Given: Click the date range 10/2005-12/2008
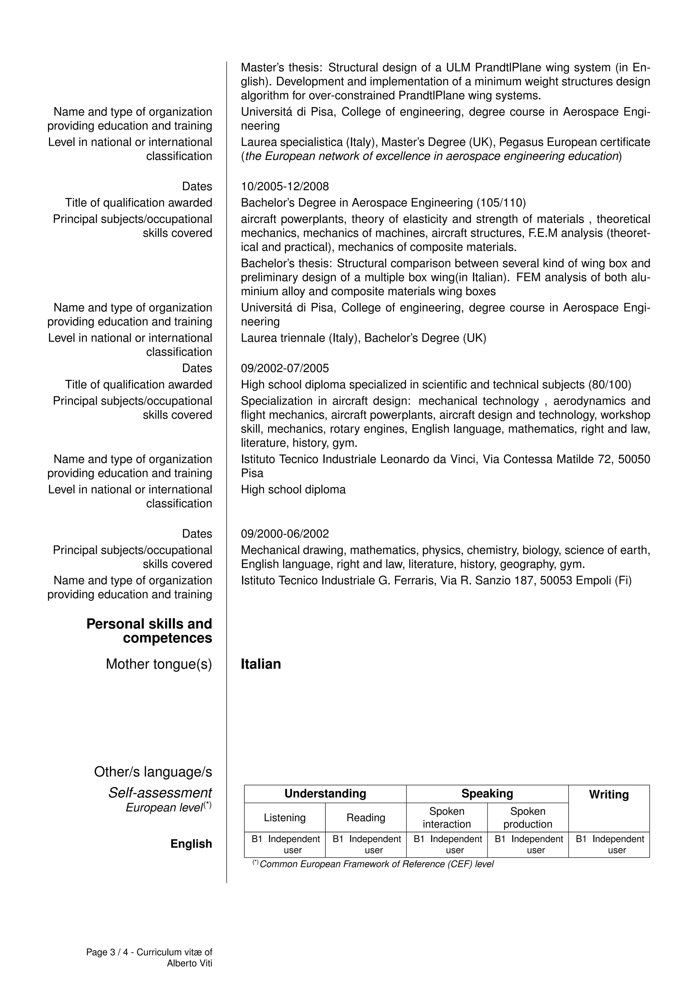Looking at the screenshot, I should (x=285, y=187).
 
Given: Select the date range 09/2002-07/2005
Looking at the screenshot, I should (x=285, y=368).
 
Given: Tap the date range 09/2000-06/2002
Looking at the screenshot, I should (x=285, y=534).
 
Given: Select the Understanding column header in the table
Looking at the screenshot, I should (x=325, y=794).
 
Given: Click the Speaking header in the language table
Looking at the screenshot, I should (x=487, y=794).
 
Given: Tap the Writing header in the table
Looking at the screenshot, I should (x=609, y=795).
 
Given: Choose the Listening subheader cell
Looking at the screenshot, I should (x=285, y=818).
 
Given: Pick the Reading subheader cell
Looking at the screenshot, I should (x=366, y=818).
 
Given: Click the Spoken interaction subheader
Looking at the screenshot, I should (x=447, y=818).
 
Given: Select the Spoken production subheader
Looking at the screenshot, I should (x=528, y=818).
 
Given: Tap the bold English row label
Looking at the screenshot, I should (x=191, y=844).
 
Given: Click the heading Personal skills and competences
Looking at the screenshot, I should (x=149, y=631).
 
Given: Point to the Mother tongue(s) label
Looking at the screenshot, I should (x=159, y=664).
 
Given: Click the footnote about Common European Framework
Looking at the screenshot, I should (x=376, y=864).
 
